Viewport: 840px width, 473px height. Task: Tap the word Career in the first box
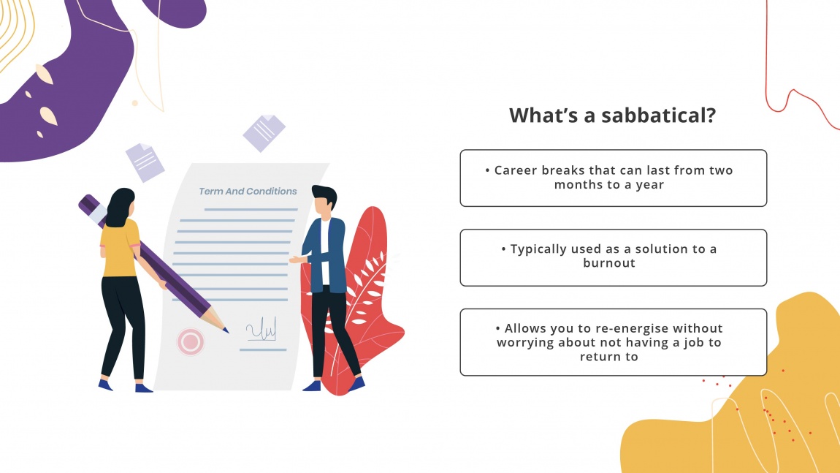[x=516, y=170]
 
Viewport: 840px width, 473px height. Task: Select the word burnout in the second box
[x=609, y=263]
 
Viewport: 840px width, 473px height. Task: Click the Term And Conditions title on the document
[x=248, y=192]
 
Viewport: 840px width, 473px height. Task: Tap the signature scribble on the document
[x=261, y=331]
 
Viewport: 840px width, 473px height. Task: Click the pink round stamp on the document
[x=191, y=341]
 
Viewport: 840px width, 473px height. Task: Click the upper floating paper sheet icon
[x=264, y=132]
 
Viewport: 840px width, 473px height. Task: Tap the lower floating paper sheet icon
[x=145, y=162]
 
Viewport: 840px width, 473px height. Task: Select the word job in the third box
[x=684, y=342]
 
